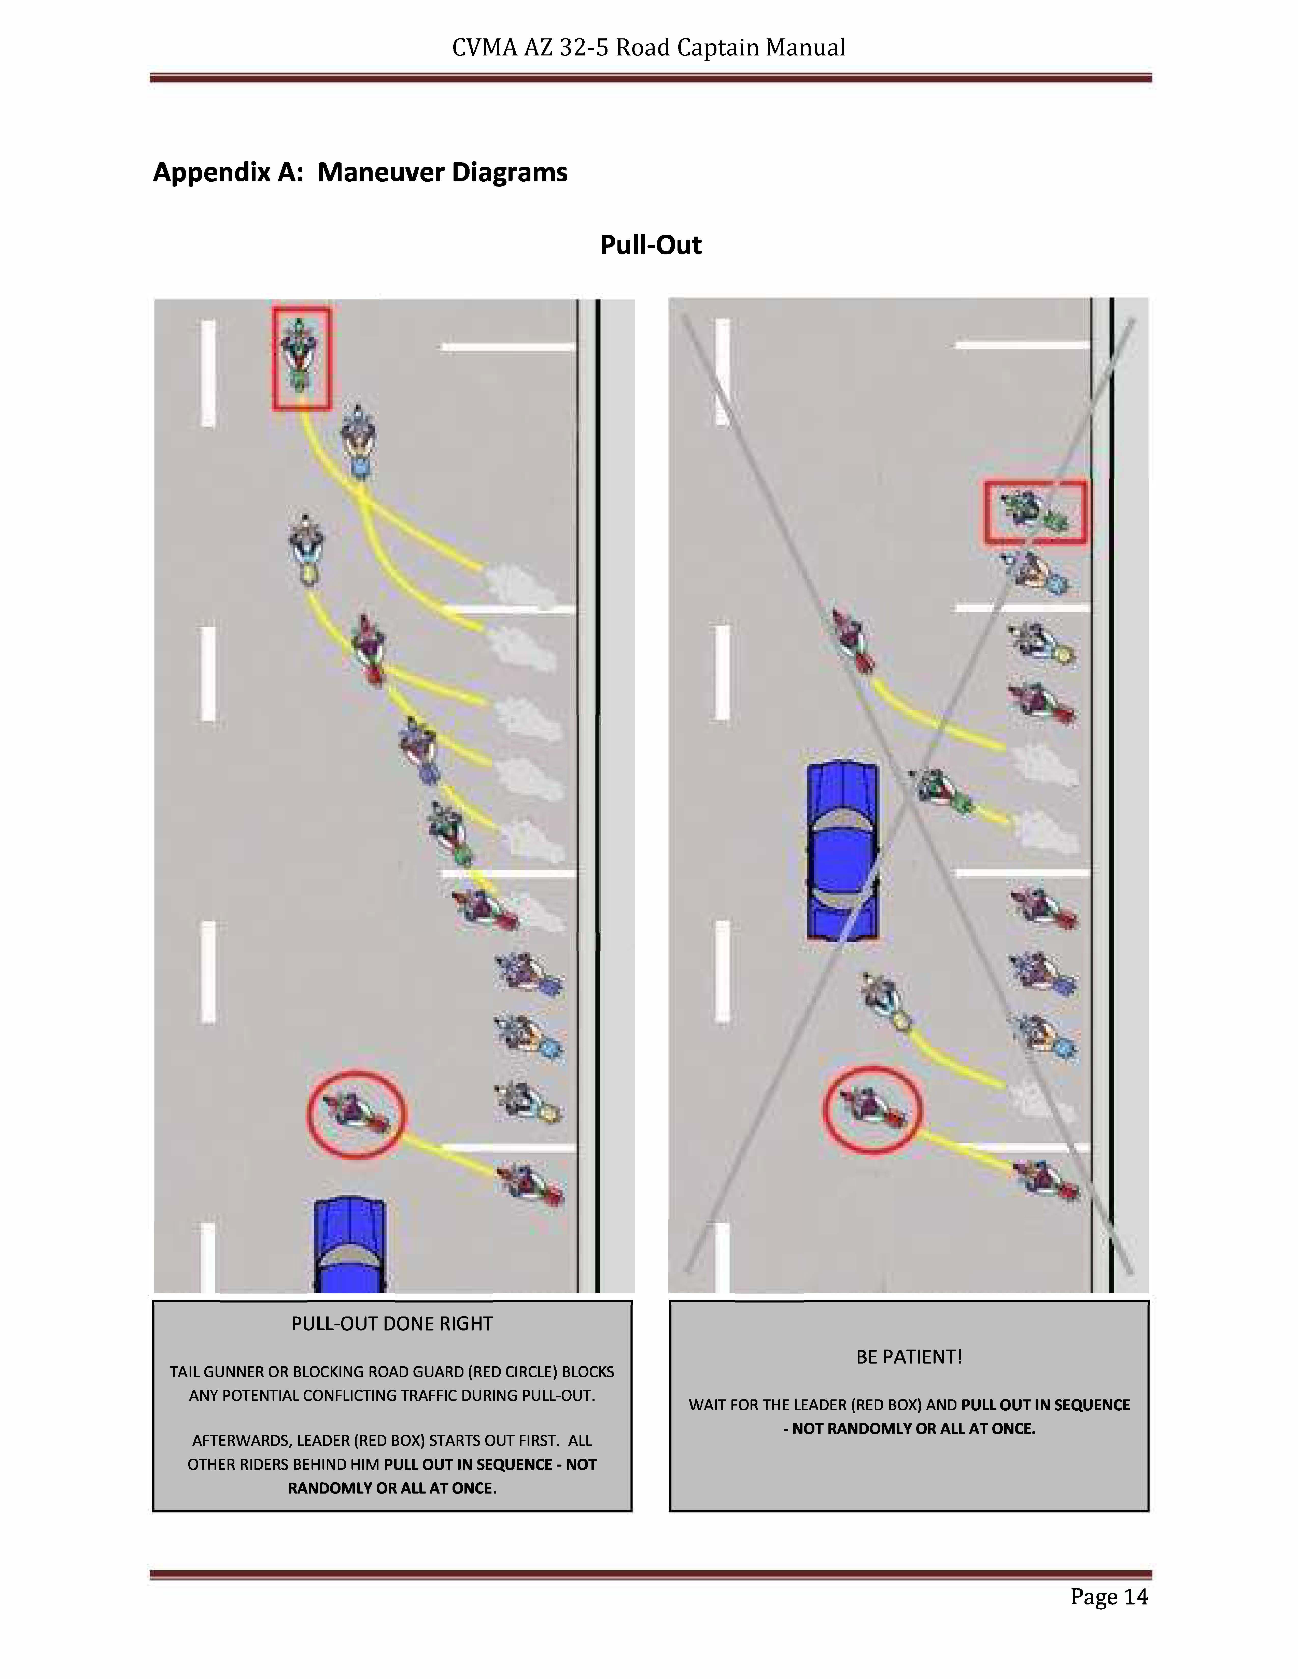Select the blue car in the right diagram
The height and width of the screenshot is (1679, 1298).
(x=842, y=849)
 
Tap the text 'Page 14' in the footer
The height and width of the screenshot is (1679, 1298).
(x=1109, y=1597)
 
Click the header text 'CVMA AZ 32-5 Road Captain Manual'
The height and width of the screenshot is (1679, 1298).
(x=648, y=48)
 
